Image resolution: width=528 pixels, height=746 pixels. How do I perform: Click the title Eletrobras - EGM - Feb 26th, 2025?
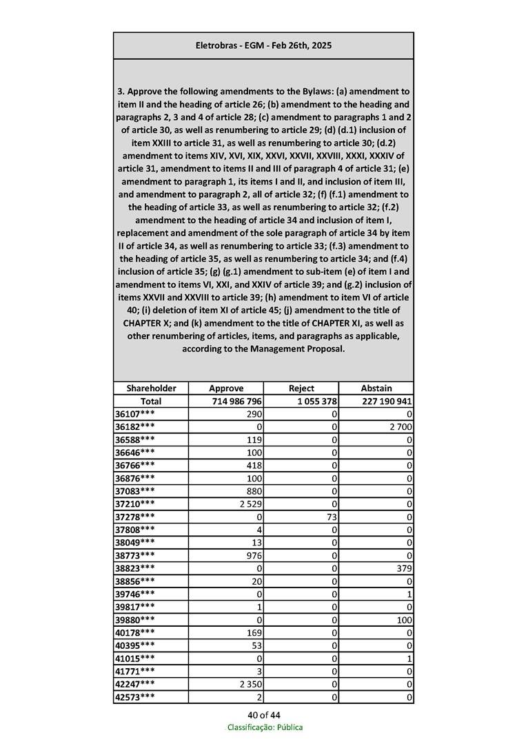point(263,45)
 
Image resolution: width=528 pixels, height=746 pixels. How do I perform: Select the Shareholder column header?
point(151,388)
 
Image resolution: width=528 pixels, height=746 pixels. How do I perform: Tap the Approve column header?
point(226,388)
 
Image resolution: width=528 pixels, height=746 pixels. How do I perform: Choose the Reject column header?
point(301,388)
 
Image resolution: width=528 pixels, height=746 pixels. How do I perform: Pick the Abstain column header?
point(376,388)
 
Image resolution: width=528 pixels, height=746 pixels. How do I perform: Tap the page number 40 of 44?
point(264,715)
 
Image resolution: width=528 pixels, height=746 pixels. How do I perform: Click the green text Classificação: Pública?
point(265,727)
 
